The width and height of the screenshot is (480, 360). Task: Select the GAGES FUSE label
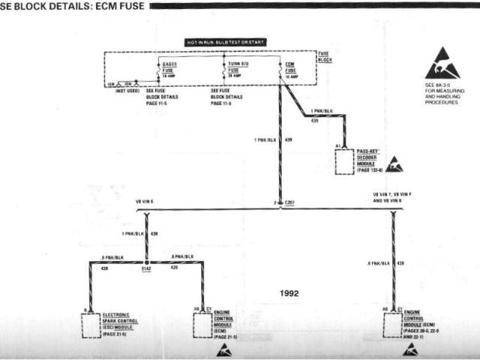[169, 67]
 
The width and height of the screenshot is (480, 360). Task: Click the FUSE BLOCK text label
[324, 56]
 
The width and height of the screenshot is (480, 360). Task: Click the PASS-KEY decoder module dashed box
[344, 161]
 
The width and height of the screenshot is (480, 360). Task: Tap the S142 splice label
[147, 267]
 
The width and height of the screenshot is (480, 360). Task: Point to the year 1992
[287, 293]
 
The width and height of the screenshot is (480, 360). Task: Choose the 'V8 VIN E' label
[145, 202]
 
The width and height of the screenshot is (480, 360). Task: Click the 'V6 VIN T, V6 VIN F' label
[393, 195]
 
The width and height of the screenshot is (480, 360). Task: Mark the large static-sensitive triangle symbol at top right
[442, 65]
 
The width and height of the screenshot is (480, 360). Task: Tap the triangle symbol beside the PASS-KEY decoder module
[394, 164]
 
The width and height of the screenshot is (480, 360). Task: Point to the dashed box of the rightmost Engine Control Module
[391, 323]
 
